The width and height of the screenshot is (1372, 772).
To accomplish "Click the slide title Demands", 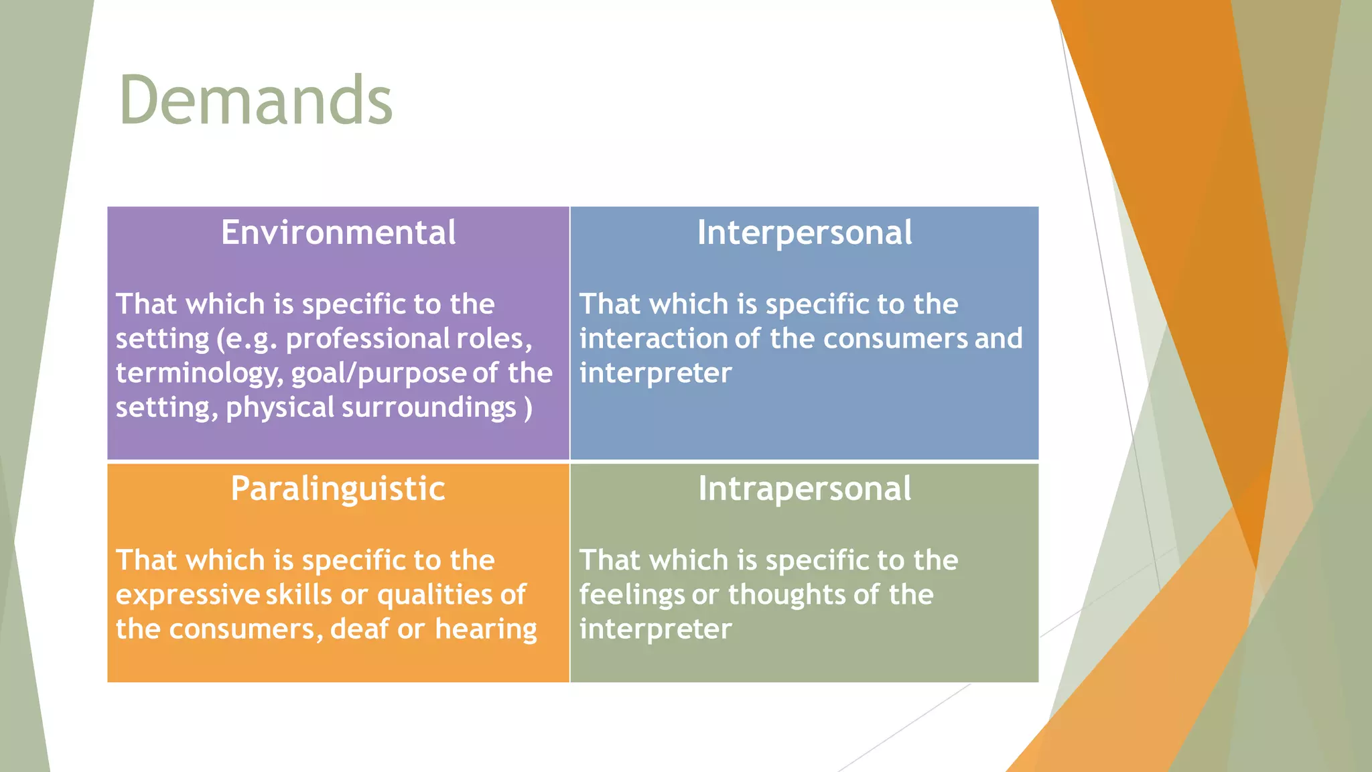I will coord(255,101).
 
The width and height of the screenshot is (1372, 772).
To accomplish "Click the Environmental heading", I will coord(338,233).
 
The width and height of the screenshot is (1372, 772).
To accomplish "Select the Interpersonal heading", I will coord(804,233).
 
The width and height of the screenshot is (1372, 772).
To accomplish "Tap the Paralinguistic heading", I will coord(338,489).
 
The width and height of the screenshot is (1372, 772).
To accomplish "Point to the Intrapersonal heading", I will coord(804,489).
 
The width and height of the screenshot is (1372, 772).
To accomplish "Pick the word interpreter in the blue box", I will coord(655,373).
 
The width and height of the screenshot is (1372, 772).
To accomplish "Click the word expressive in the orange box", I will coord(187,595).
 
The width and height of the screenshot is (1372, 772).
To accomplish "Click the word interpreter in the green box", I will coord(655,629).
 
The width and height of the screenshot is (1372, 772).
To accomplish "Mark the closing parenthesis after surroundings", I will coord(529,407).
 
